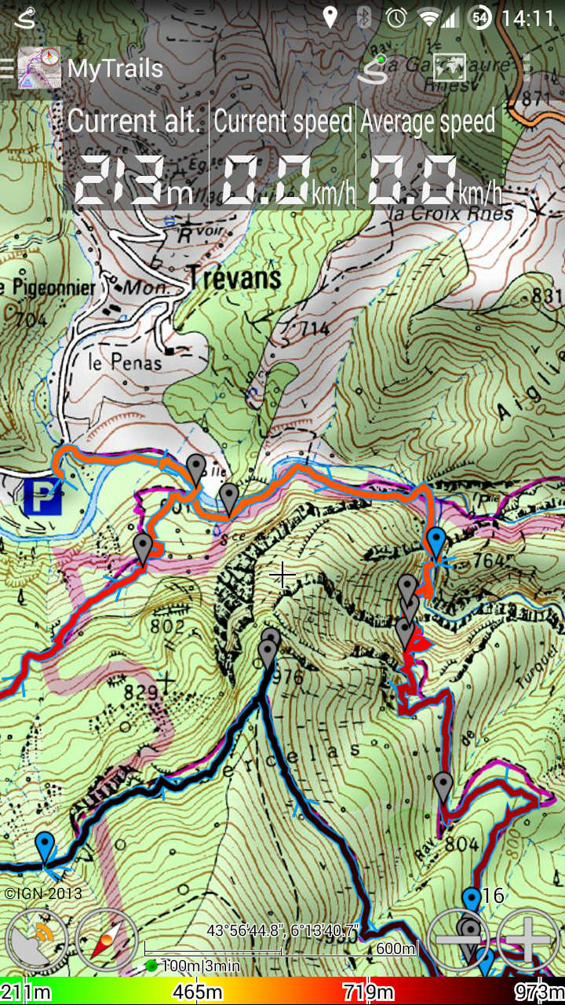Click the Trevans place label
[x=233, y=277]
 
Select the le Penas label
[x=125, y=362]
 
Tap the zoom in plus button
[x=528, y=940]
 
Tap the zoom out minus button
[x=457, y=940]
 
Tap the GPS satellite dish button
[x=37, y=940]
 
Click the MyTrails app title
[x=115, y=68]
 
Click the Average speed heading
[x=428, y=121]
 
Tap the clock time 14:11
[x=527, y=17]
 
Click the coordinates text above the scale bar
[x=282, y=930]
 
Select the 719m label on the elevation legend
[x=368, y=992]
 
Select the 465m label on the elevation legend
[x=197, y=992]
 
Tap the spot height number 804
[x=461, y=844]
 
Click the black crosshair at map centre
[x=282, y=576]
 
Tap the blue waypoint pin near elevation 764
[x=436, y=542]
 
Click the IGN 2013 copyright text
[x=43, y=894]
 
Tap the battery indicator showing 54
[x=479, y=17]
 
